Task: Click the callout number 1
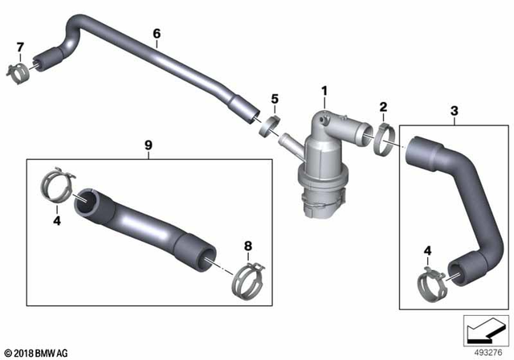click(324, 92)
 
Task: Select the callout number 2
click(383, 107)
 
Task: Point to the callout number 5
click(275, 99)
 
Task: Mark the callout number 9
click(148, 145)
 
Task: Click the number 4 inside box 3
click(428, 252)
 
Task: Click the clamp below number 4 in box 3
click(431, 283)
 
